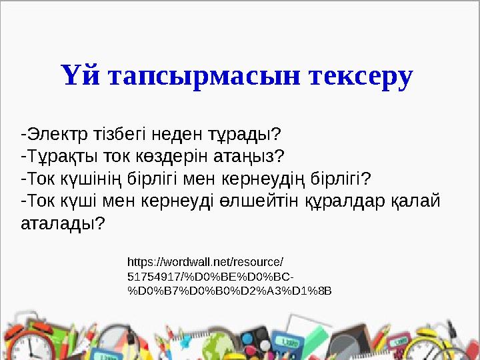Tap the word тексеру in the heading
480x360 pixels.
360,75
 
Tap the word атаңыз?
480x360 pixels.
249,156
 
